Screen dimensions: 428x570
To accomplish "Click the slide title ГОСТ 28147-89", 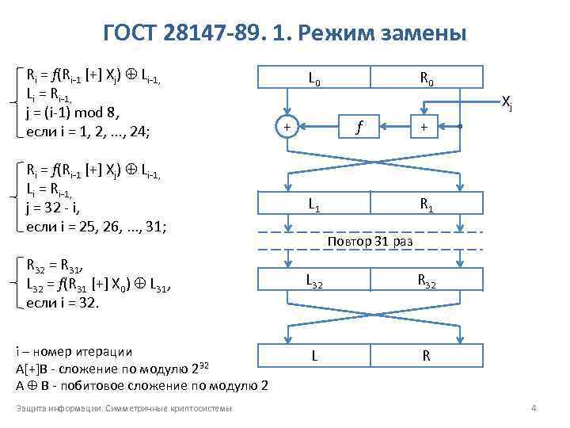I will pos(285,34).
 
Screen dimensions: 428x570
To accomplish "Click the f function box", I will pos(360,126).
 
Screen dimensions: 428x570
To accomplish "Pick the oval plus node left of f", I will pos(287,126).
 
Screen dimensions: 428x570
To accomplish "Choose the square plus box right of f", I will pos(425,126).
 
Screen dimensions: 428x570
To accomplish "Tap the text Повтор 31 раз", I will pos(370,240).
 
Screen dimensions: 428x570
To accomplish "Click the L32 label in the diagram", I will pos(314,281).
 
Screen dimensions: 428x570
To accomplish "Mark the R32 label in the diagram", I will pos(426,281).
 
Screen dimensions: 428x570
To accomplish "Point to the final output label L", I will pos(314,356).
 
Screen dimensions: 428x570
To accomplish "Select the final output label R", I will pos(426,356).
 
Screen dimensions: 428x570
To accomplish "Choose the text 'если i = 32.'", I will pos(63,301).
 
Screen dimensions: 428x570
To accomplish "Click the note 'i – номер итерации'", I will pos(74,351).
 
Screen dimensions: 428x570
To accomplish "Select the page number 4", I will pos(534,408).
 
